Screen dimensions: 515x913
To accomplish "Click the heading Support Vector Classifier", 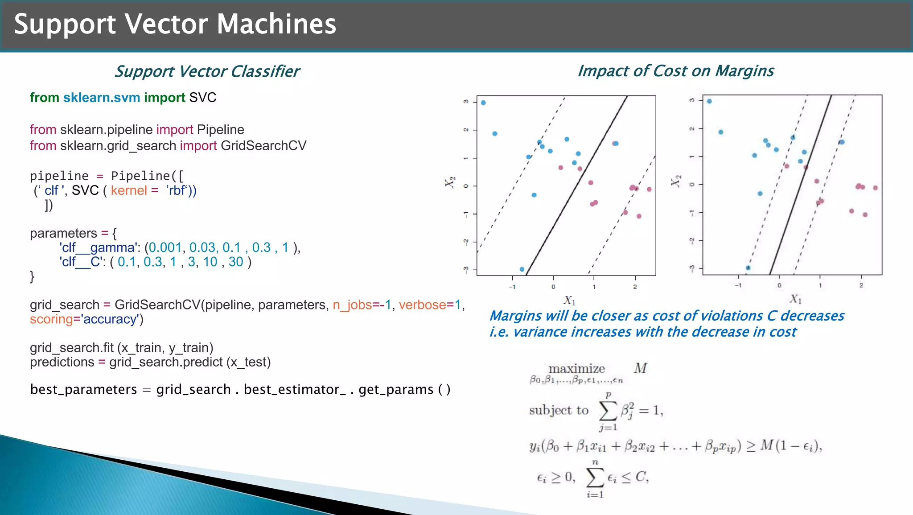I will pyautogui.click(x=207, y=71).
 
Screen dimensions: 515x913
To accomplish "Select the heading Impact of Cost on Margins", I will pyautogui.click(x=675, y=71).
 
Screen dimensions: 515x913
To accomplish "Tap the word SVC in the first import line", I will pyautogui.click(x=202, y=98).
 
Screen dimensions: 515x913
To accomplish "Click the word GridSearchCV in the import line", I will pyautogui.click(x=263, y=146).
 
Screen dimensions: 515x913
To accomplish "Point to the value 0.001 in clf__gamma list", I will pyautogui.click(x=165, y=247).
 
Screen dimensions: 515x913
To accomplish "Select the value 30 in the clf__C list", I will pyautogui.click(x=236, y=262).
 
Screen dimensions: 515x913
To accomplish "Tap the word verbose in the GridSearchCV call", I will pyautogui.click(x=422, y=305).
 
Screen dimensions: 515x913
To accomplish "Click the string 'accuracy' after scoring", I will pyautogui.click(x=110, y=319).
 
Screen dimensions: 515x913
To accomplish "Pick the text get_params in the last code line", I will pyautogui.click(x=396, y=390).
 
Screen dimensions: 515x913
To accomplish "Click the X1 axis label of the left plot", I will pyautogui.click(x=570, y=300).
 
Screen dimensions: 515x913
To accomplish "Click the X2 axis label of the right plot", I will pyautogui.click(x=675, y=181).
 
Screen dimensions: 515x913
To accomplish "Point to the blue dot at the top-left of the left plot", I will pyautogui.click(x=483, y=103).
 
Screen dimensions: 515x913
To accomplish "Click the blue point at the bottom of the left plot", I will pyautogui.click(x=522, y=269).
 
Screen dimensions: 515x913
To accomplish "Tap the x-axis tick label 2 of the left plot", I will pyautogui.click(x=635, y=287).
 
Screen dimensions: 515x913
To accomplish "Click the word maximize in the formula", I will pyautogui.click(x=576, y=369).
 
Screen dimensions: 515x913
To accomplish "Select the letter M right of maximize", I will pyautogui.click(x=640, y=368).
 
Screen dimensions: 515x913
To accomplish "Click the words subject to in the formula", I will pyautogui.click(x=559, y=410).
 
